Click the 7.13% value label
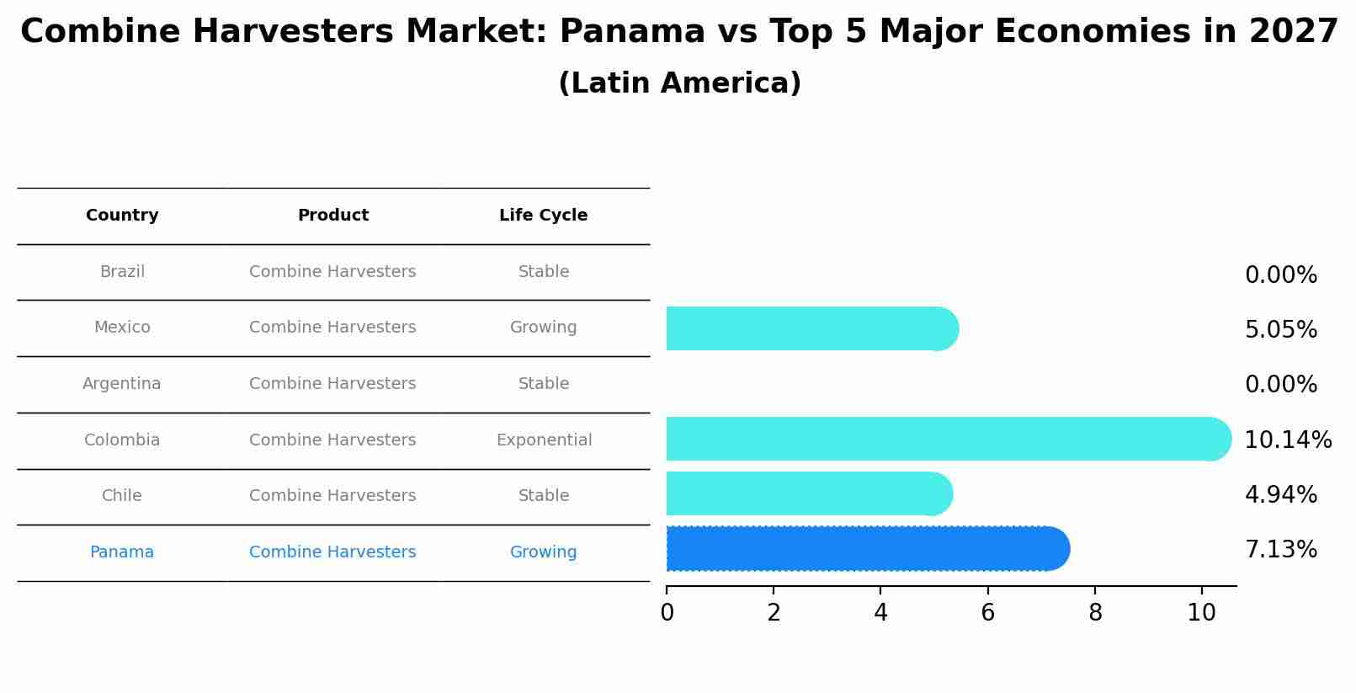tap(1280, 550)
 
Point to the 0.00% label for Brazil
tap(1280, 275)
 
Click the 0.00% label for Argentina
tap(1280, 385)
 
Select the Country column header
tap(122, 216)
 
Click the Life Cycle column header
tap(543, 216)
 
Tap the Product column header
tap(332, 216)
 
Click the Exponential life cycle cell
tap(544, 440)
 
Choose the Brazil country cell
tap(122, 272)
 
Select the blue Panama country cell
tap(122, 552)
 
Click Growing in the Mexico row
tap(543, 328)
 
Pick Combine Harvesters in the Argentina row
tap(332, 384)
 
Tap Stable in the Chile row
tap(543, 496)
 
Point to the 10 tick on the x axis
tap(1201, 613)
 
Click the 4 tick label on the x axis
tap(880, 613)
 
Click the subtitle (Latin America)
tap(679, 83)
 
